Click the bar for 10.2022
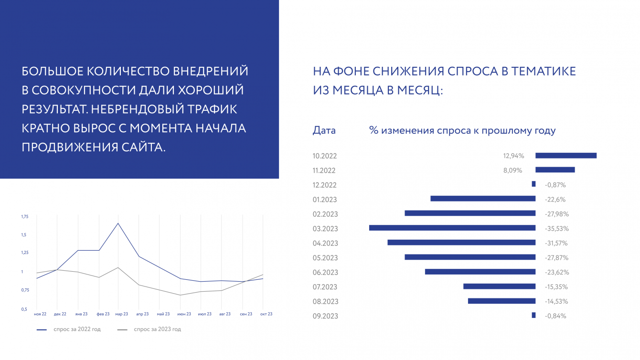566,155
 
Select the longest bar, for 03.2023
452,228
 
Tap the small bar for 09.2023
533,315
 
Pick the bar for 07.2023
499,286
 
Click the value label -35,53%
557,229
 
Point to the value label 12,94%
513,156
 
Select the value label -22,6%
555,199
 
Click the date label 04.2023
325,243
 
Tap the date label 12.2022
325,185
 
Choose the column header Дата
324,130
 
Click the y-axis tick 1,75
25,217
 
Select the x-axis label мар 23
122,314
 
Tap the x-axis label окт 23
266,314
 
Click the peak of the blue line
118,223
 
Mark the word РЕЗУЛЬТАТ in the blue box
53,109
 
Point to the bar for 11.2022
555,169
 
